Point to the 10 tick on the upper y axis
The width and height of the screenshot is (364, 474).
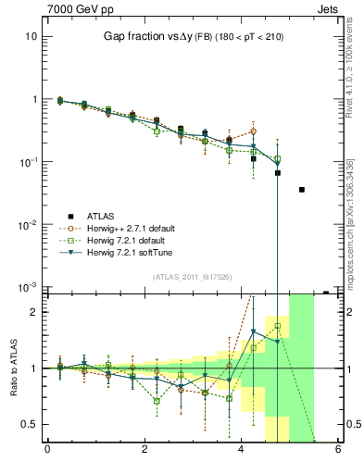coord(31,36)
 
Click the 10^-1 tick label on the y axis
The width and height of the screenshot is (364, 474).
coord(27,162)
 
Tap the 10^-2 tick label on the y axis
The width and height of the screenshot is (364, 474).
coord(27,225)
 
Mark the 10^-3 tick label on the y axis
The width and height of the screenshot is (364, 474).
coord(27,288)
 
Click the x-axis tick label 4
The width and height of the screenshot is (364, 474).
coord(242,451)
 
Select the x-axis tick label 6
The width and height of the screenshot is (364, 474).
coord(339,451)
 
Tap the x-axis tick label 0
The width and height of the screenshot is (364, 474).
coord(47,451)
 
